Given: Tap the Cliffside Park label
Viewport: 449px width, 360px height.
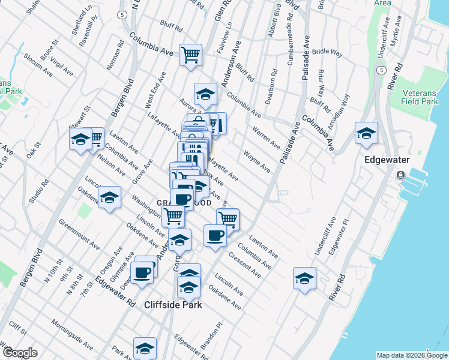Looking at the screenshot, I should pyautogui.click(x=173, y=305).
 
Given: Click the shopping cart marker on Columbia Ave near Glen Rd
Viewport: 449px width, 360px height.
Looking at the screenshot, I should pyautogui.click(x=191, y=56).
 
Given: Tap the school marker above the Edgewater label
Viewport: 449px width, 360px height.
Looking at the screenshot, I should pyautogui.click(x=366, y=134).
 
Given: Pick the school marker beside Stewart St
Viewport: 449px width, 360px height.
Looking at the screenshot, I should pyautogui.click(x=80, y=139).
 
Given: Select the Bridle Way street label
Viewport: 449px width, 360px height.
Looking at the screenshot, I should pyautogui.click(x=327, y=53).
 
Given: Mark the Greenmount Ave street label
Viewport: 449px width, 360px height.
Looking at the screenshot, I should pyautogui.click(x=79, y=234).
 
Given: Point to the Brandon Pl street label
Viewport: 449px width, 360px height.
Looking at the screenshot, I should pyautogui.click(x=212, y=335).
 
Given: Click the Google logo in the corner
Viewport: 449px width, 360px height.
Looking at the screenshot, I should pyautogui.click(x=20, y=353).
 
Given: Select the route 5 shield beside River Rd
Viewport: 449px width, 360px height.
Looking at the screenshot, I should pyautogui.click(x=381, y=70).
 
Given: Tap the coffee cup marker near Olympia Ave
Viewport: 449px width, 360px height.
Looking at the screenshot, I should pyautogui.click(x=142, y=272).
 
